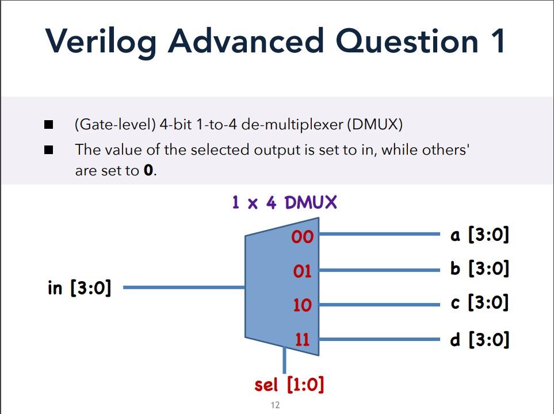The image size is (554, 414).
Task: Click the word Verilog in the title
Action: click(101, 41)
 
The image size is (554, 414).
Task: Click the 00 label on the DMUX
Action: click(303, 236)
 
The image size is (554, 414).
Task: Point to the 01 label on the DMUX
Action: click(302, 271)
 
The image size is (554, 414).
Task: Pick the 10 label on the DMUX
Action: click(303, 305)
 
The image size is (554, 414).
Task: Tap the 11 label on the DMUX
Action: click(303, 339)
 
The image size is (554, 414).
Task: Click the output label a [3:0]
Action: click(480, 235)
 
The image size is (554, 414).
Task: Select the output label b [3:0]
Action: click(480, 269)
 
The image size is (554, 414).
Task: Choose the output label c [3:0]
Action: click(480, 302)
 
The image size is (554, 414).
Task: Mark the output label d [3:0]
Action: click(480, 339)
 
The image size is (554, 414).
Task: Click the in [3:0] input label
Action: click(79, 287)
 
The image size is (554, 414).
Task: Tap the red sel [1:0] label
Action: click(289, 384)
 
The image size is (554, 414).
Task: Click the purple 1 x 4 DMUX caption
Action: click(284, 202)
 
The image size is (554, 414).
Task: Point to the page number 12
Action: click(275, 405)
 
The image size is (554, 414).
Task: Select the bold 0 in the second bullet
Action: click(149, 171)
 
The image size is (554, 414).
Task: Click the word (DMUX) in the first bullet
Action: click(375, 124)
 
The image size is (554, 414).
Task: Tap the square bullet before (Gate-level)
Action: click(49, 125)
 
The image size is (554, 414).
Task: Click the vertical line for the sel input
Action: click(284, 359)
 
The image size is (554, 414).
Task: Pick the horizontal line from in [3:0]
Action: click(184, 287)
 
